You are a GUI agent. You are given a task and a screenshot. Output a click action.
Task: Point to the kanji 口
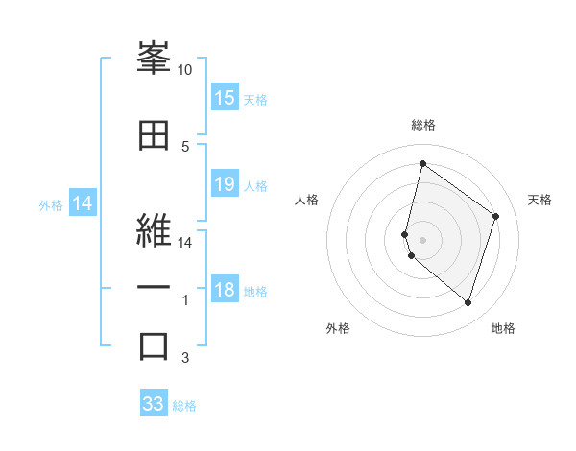click(154, 345)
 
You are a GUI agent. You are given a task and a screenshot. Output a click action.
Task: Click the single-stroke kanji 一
click(154, 287)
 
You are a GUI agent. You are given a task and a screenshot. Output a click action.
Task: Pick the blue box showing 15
click(225, 98)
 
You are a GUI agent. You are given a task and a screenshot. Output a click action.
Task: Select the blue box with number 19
click(225, 184)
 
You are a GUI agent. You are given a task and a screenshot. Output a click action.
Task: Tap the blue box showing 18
click(225, 290)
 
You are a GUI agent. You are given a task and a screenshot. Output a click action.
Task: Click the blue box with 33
click(154, 404)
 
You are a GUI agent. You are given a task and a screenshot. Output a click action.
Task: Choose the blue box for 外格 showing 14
click(82, 203)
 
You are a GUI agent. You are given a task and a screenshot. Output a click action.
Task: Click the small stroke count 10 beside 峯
click(185, 70)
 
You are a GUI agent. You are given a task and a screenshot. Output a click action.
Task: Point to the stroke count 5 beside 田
click(185, 146)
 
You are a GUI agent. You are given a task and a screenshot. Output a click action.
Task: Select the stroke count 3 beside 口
click(185, 358)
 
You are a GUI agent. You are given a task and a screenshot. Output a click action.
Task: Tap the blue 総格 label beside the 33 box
click(184, 406)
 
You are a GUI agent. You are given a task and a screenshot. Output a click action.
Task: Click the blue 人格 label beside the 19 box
click(255, 186)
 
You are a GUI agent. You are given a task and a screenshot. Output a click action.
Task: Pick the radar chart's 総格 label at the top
click(422, 125)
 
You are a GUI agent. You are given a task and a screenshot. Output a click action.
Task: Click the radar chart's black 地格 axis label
click(503, 328)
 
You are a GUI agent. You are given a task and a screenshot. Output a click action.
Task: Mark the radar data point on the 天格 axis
click(496, 216)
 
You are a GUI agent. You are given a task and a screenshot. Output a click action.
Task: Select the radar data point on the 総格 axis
click(422, 163)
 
